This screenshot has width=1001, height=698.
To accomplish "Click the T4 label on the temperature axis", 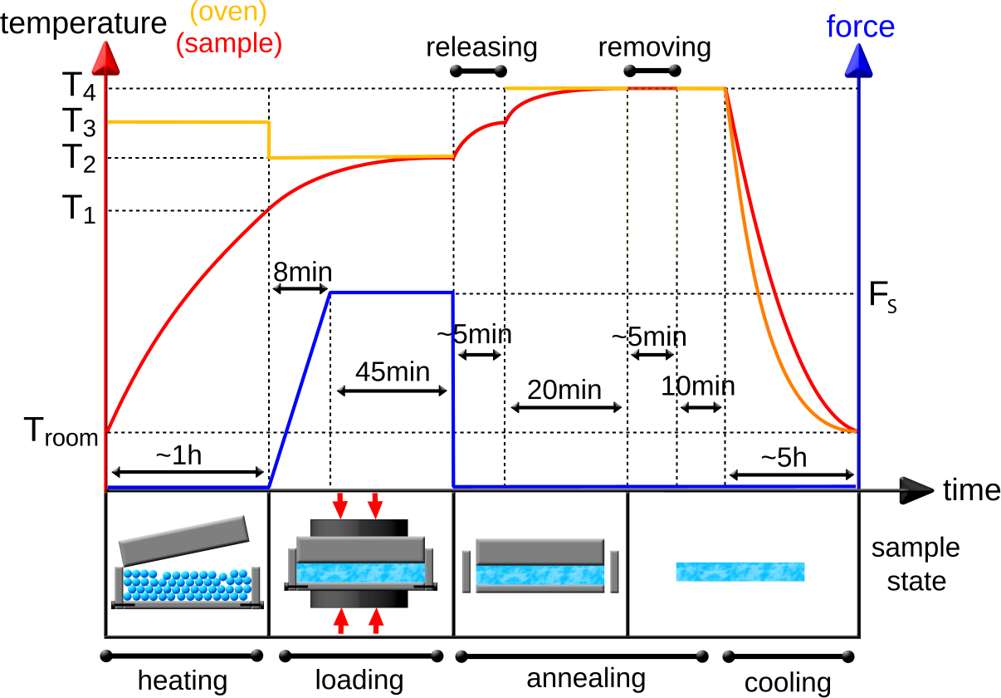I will [x=80, y=87].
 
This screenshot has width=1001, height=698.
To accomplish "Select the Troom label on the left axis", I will [x=60, y=433].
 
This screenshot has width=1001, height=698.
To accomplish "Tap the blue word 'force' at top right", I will [x=860, y=27].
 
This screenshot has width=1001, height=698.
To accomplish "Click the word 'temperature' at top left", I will [x=83, y=22].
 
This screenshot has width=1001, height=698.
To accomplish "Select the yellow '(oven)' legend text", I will [x=228, y=14].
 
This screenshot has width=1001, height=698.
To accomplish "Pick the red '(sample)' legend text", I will [x=228, y=42].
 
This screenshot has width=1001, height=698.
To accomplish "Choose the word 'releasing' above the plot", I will [x=481, y=47].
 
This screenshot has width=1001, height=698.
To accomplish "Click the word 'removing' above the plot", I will [x=655, y=47].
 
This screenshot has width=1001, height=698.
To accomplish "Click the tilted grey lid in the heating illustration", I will [x=184, y=538].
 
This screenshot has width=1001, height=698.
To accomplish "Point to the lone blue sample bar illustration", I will [x=740, y=572].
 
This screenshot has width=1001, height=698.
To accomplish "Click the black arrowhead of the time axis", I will [x=916, y=490].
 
